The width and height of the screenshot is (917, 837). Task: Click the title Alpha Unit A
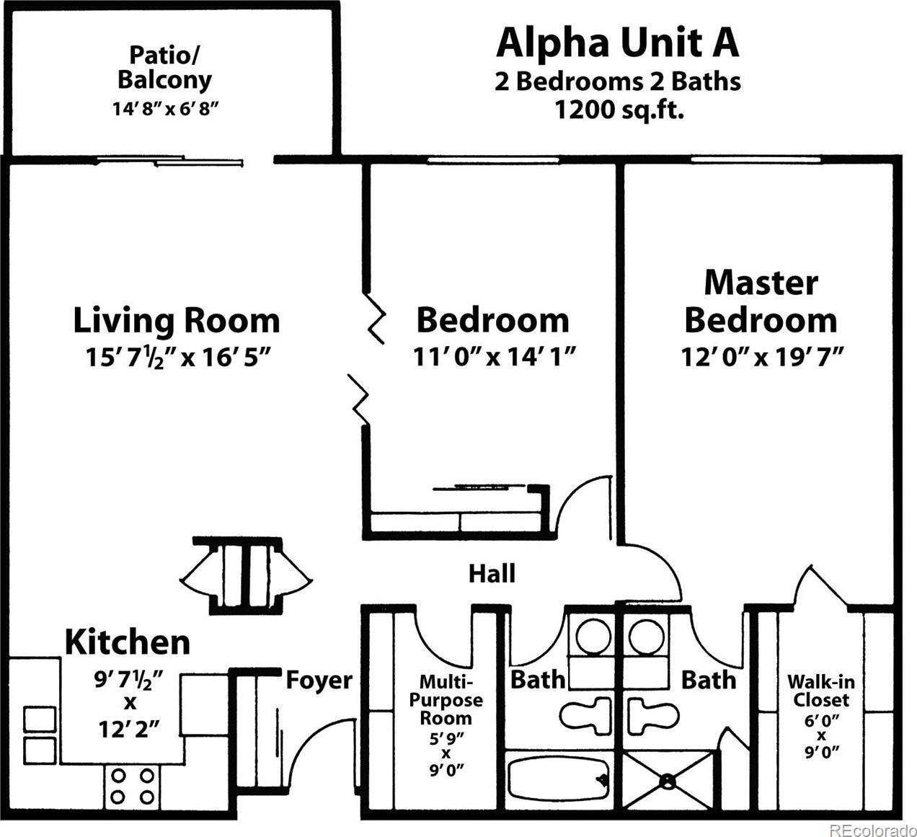pos(618,44)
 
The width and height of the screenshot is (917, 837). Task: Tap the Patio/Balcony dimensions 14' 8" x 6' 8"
pos(166,109)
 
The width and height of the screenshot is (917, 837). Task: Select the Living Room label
pos(177,320)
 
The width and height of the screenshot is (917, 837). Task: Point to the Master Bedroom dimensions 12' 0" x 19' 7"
pos(762,357)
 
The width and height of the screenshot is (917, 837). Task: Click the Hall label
pos(492,573)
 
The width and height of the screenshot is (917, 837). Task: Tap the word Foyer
pos(319,681)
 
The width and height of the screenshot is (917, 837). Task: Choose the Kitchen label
pos(128,642)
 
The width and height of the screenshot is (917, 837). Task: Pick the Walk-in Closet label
pos(821,691)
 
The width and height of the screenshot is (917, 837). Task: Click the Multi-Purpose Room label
pos(446,700)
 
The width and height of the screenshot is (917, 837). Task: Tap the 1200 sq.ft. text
pos(619,110)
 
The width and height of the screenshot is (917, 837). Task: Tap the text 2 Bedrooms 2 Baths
pos(618,81)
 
